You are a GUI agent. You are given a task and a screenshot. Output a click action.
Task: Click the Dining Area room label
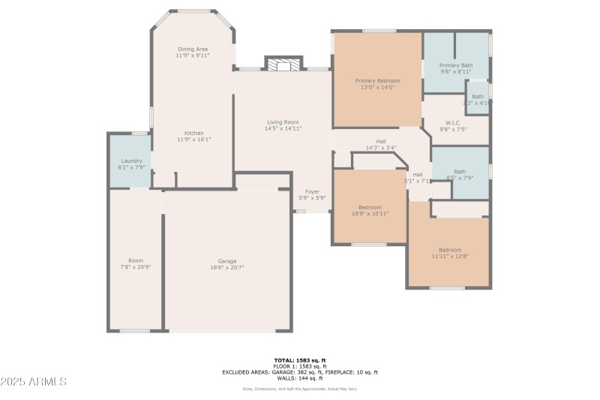(193, 49)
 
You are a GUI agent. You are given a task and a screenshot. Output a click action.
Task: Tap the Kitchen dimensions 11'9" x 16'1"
(193, 140)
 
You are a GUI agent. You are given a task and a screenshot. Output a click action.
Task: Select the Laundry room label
(131, 161)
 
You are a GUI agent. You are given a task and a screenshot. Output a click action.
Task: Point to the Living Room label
(282, 122)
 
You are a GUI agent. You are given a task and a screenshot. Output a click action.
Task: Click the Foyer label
(312, 191)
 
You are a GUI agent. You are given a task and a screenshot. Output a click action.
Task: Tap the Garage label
(227, 260)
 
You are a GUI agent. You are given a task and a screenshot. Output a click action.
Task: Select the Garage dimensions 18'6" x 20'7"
(227, 267)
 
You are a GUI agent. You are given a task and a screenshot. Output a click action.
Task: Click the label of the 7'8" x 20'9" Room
(135, 260)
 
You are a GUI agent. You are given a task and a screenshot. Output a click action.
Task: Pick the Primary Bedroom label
(377, 80)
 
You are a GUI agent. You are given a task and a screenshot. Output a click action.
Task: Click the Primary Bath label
(455, 65)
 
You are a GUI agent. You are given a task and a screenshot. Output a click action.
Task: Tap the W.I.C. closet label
(453, 122)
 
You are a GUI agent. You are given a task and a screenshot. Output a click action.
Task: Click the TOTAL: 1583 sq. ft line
(300, 360)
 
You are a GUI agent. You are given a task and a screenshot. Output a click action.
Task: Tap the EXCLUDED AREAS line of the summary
(300, 372)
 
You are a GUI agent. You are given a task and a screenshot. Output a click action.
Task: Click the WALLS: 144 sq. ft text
(300, 378)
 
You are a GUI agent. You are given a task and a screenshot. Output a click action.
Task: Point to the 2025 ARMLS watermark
(34, 381)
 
